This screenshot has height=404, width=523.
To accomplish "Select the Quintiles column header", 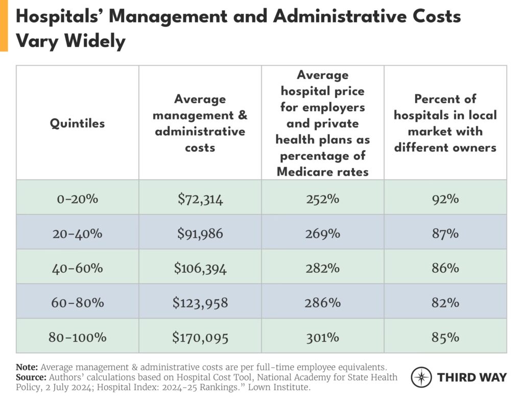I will click(77, 123).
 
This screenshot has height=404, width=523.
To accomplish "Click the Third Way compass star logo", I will click(421, 377).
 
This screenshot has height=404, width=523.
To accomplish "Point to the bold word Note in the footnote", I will click(27, 367).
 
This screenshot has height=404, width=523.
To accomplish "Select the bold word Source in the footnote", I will click(31, 377).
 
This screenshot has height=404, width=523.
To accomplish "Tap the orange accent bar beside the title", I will click(4, 26).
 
